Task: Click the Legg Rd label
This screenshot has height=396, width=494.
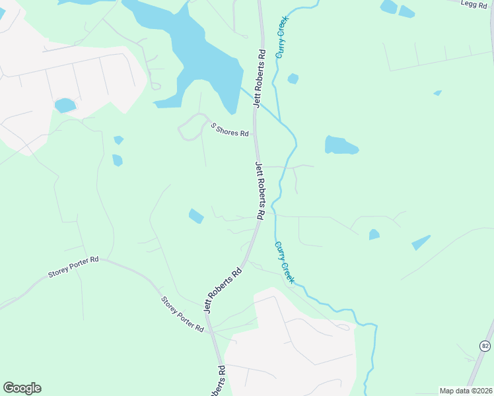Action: pyautogui.click(x=473, y=3)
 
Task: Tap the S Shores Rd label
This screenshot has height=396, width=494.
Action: pyautogui.click(x=229, y=129)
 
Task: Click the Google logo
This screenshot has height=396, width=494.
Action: pyautogui.click(x=22, y=387)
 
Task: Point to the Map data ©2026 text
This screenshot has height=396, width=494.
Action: pyautogui.click(x=466, y=391)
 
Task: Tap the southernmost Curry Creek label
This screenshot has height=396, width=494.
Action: pyautogui.click(x=284, y=262)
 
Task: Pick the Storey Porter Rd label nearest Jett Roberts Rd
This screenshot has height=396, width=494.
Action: pyautogui.click(x=182, y=314)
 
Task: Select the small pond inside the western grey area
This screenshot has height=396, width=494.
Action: pyautogui.click(x=65, y=106)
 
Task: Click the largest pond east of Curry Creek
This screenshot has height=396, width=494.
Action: pyautogui.click(x=340, y=145)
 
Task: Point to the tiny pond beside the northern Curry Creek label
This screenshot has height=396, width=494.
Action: pyautogui.click(x=293, y=79)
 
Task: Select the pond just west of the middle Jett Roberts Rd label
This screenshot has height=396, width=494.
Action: pyautogui.click(x=196, y=216)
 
